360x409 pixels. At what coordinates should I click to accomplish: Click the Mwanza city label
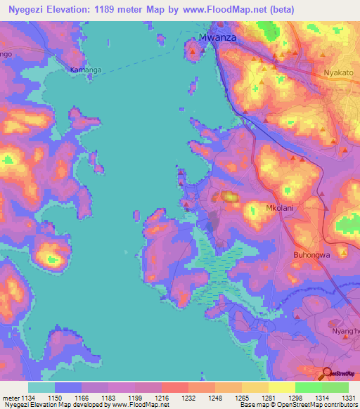[219, 38]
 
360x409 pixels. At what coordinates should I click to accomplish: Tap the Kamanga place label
[84, 70]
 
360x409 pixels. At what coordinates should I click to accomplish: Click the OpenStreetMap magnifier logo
[326, 373]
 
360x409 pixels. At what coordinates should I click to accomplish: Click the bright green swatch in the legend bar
[308, 387]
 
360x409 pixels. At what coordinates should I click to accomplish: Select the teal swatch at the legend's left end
[41, 387]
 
